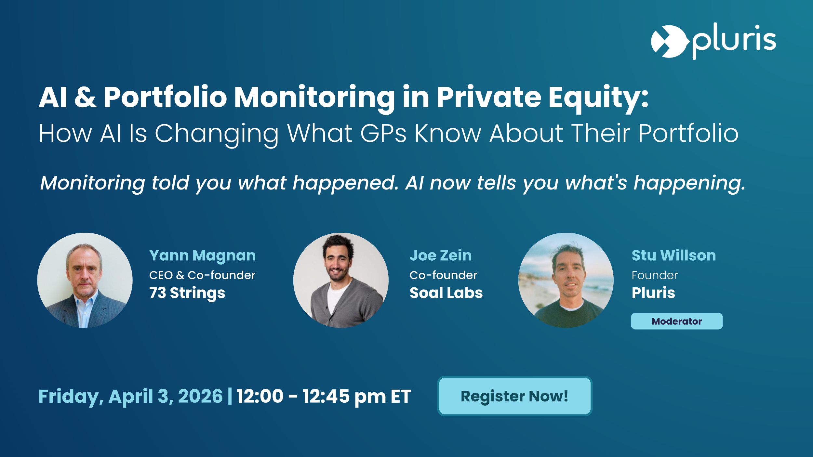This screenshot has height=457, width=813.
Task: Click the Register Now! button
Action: [514, 396]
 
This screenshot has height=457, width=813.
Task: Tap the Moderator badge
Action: [677, 321]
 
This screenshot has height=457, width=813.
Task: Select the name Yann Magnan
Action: [202, 255]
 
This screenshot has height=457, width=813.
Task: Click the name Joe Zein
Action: [440, 255]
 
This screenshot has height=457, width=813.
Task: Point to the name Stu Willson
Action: [673, 255]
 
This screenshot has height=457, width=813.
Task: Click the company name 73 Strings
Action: [187, 293]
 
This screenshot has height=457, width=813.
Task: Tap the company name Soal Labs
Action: [446, 293]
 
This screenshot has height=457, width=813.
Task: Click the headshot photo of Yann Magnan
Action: [85, 280]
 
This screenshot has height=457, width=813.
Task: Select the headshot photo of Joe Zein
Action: [341, 280]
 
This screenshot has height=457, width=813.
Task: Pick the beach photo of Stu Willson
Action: [566, 280]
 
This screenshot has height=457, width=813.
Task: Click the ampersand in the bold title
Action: [86, 97]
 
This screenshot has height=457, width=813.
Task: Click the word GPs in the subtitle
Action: [383, 133]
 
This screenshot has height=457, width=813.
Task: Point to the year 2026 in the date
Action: [200, 396]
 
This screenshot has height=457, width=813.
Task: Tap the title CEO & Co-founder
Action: [202, 275]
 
